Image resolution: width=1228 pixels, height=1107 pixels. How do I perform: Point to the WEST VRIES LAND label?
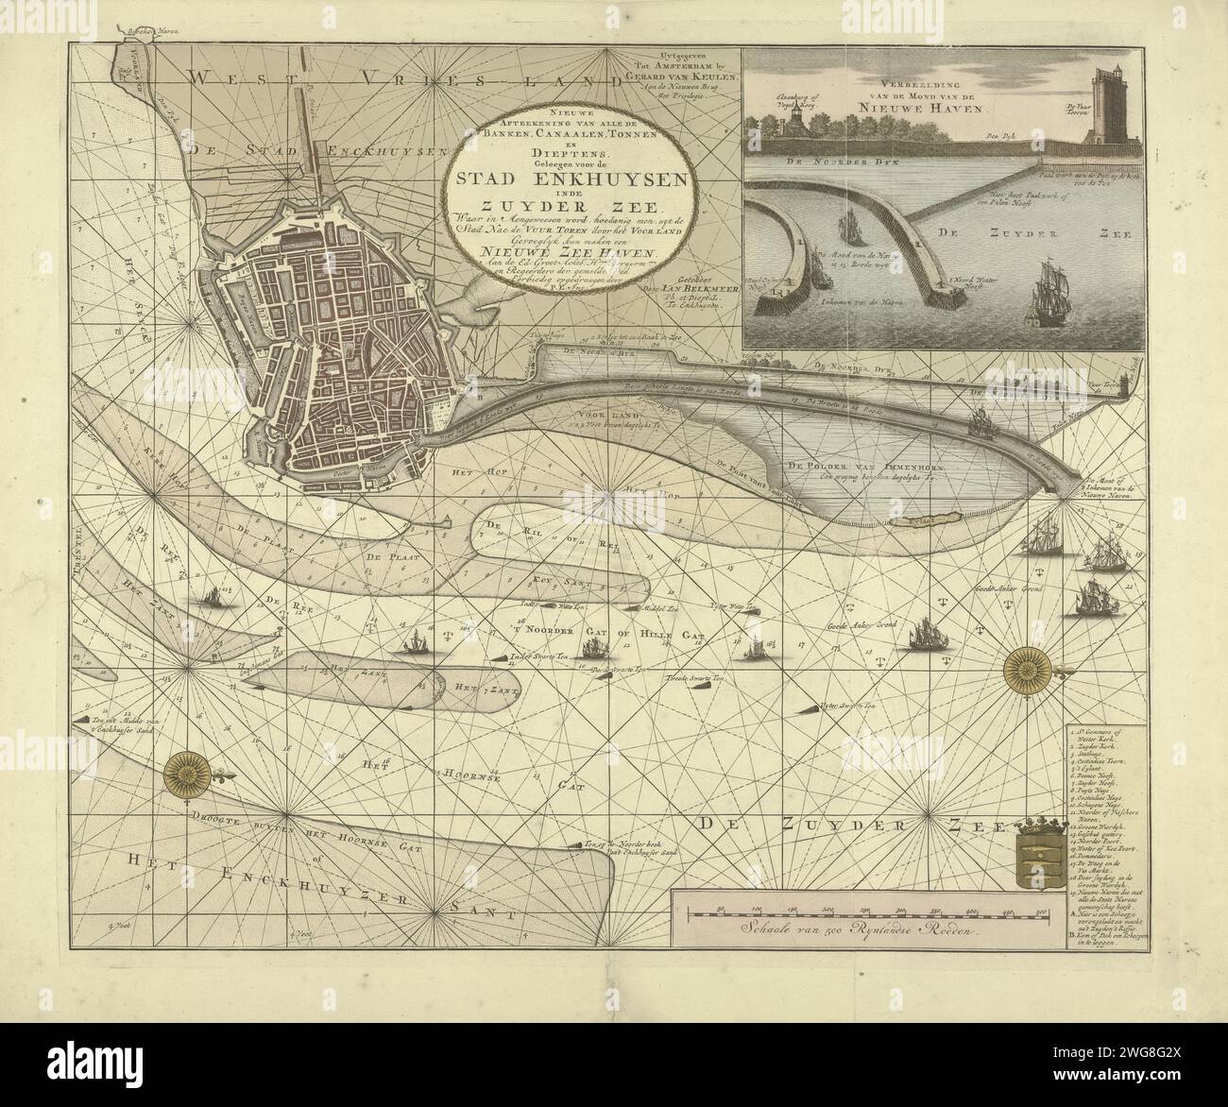click(378, 83)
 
